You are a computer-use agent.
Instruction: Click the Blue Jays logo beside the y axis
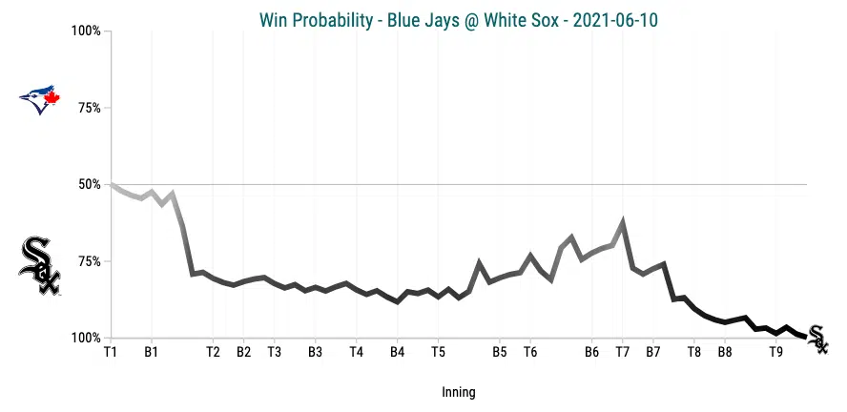pyautogui.click(x=40, y=98)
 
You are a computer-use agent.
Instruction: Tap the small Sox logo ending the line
pyautogui.click(x=817, y=338)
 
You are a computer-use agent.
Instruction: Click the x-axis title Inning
pyautogui.click(x=459, y=392)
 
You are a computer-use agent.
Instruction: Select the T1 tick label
pyautogui.click(x=111, y=352)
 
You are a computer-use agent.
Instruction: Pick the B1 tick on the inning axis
pyautogui.click(x=151, y=352)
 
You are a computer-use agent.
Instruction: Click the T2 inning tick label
pyautogui.click(x=213, y=352)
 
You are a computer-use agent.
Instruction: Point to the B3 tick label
pyautogui.click(x=315, y=352)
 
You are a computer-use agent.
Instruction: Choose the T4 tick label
pyautogui.click(x=356, y=352)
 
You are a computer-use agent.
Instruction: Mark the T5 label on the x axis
pyautogui.click(x=438, y=352)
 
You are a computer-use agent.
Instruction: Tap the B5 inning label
pyautogui.click(x=499, y=352)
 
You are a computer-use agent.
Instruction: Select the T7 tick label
pyautogui.click(x=623, y=352)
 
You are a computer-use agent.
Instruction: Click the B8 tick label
pyautogui.click(x=725, y=352)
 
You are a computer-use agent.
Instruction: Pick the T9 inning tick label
pyautogui.click(x=776, y=352)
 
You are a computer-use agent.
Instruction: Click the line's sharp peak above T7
pyautogui.click(x=623, y=222)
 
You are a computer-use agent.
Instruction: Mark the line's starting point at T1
pyautogui.click(x=112, y=184)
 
